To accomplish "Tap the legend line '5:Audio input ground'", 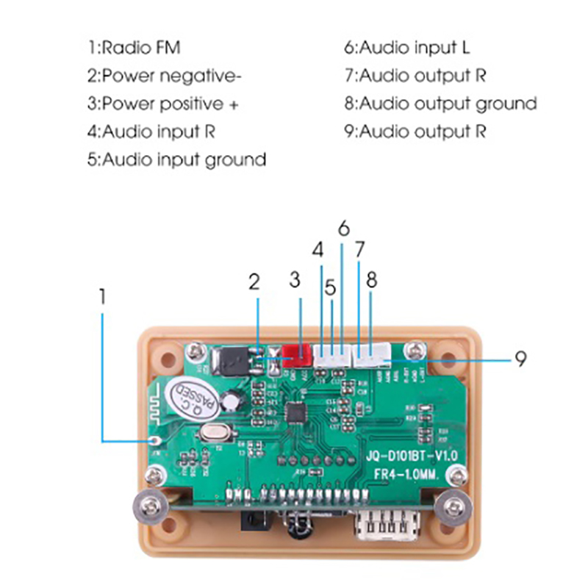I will click(176, 159).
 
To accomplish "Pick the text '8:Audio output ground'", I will click(440, 104).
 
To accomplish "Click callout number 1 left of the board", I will click(103, 296).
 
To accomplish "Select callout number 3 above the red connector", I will click(295, 279).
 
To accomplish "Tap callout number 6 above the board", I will click(343, 228).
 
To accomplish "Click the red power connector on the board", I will click(295, 355).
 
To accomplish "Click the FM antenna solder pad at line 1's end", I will click(155, 440).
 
